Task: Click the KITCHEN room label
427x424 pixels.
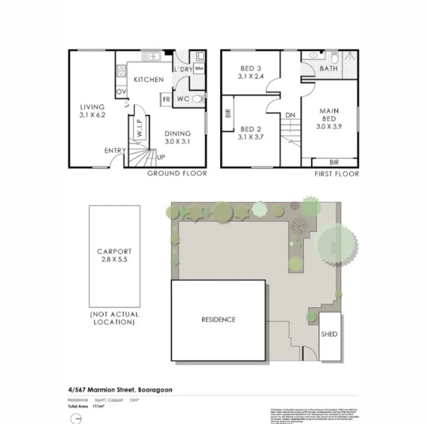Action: (x=148, y=80)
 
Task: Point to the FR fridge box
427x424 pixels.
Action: (x=166, y=99)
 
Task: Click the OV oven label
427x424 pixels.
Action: (x=121, y=91)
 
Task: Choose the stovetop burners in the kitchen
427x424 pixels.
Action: (x=121, y=71)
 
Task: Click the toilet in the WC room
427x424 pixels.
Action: (x=199, y=99)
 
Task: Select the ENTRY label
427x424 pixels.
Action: (x=115, y=151)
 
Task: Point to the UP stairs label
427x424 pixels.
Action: (x=161, y=157)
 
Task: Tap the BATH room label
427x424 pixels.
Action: (x=329, y=69)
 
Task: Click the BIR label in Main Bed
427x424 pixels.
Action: (x=334, y=162)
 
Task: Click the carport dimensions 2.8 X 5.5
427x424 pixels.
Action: (x=114, y=260)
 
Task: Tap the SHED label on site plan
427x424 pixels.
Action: (x=329, y=334)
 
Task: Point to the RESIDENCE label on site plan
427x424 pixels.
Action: (x=218, y=319)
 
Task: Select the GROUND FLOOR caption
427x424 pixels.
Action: (x=177, y=173)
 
